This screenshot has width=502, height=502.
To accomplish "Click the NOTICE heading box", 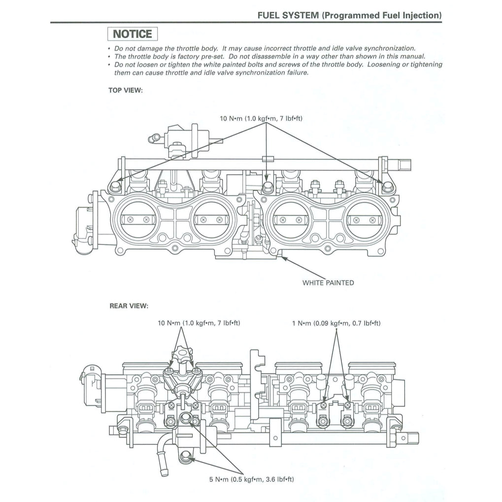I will tap(133, 34).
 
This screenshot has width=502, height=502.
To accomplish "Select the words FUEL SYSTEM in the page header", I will tap(288, 15).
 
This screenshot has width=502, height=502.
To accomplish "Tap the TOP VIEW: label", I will tap(126, 90).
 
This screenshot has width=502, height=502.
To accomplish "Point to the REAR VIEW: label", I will tap(128, 306).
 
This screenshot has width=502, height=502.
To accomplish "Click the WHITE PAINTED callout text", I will tap(328, 283).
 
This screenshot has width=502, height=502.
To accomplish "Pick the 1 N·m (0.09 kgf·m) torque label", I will tap(336, 323).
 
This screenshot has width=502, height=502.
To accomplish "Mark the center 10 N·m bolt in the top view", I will tap(267, 187).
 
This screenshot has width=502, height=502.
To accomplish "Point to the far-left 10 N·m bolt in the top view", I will tap(116, 186).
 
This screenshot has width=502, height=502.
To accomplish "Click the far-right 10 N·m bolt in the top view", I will tap(387, 186).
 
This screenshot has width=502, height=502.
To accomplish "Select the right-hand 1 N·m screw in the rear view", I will tap(348, 405).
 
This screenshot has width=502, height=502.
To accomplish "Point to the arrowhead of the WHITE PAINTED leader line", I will tap(282, 256).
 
